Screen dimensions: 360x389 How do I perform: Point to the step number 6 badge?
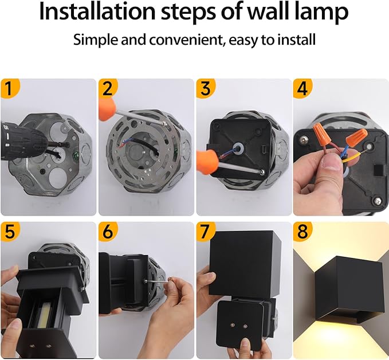coord(107,232)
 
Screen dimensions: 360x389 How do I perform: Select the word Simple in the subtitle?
coord(94,40)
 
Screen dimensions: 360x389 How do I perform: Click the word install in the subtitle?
coord(296,40)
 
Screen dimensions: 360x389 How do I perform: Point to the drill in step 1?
coord(23,138)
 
